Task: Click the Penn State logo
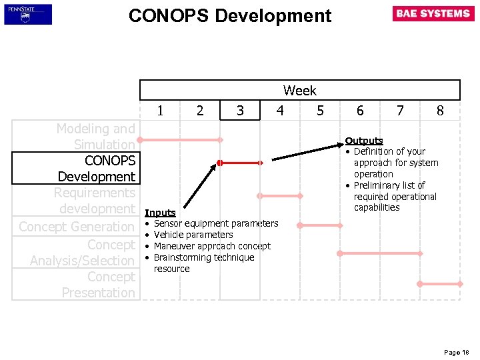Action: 28,14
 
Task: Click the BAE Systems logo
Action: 433,14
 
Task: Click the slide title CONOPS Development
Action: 229,15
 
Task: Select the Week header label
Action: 299,90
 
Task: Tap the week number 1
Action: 160,111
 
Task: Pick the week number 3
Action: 240,111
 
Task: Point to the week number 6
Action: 360,111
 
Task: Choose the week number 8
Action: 440,111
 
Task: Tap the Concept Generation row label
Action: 77,227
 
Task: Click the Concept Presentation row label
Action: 98,285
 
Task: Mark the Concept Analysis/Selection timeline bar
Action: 380,253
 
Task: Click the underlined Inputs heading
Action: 160,213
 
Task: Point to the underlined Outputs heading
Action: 363,141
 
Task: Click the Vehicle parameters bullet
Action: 193,235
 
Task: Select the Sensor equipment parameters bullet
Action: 215,223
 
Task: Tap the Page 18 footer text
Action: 457,352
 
